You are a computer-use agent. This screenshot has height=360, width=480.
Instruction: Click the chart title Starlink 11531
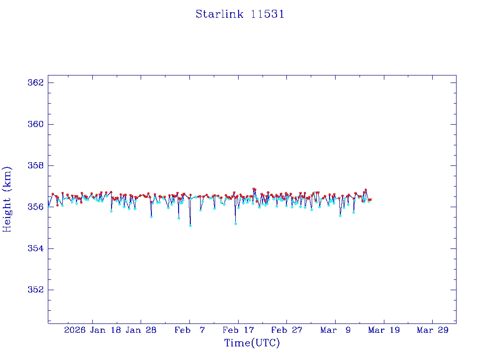[x=240, y=14]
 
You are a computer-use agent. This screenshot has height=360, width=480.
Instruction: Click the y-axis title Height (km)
[x=7, y=199]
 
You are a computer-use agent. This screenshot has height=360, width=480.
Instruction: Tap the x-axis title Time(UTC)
[x=252, y=343]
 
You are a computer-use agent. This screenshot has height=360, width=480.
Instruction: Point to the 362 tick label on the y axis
[x=36, y=83]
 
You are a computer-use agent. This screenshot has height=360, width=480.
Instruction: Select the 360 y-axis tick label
[x=36, y=124]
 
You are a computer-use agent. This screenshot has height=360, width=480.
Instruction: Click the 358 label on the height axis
[x=36, y=165]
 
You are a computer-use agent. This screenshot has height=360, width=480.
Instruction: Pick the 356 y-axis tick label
[x=36, y=207]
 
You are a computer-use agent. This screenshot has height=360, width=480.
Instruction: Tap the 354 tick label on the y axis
[x=36, y=248]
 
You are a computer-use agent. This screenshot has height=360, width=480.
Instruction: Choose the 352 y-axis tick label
[x=36, y=290]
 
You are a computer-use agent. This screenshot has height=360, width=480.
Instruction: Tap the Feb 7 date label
[x=189, y=330]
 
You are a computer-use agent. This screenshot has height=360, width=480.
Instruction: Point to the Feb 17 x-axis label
[x=238, y=330]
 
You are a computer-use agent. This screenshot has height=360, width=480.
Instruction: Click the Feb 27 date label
[x=287, y=330]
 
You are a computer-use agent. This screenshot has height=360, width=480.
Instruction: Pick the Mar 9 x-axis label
[x=336, y=330]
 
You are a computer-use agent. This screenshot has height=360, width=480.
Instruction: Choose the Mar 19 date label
[x=384, y=330]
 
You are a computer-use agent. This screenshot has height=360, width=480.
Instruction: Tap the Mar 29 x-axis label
[x=433, y=330]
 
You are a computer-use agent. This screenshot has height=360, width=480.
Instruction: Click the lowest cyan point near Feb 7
[x=190, y=225]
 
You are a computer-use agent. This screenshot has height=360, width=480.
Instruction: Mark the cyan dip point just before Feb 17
[x=235, y=224]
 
